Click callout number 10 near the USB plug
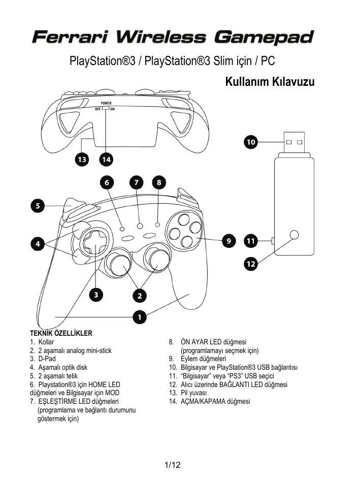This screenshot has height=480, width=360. (250, 143)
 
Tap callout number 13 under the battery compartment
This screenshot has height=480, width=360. (81, 159)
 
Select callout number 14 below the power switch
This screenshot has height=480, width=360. (106, 159)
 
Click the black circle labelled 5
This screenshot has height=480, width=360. (37, 206)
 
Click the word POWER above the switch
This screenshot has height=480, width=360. (106, 103)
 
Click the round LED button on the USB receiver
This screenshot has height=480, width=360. (293, 235)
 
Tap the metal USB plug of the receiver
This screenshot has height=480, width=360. (294, 144)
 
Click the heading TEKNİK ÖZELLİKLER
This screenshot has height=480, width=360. (61, 334)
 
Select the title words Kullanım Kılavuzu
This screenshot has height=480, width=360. (270, 82)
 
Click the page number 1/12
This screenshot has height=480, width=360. (173, 465)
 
